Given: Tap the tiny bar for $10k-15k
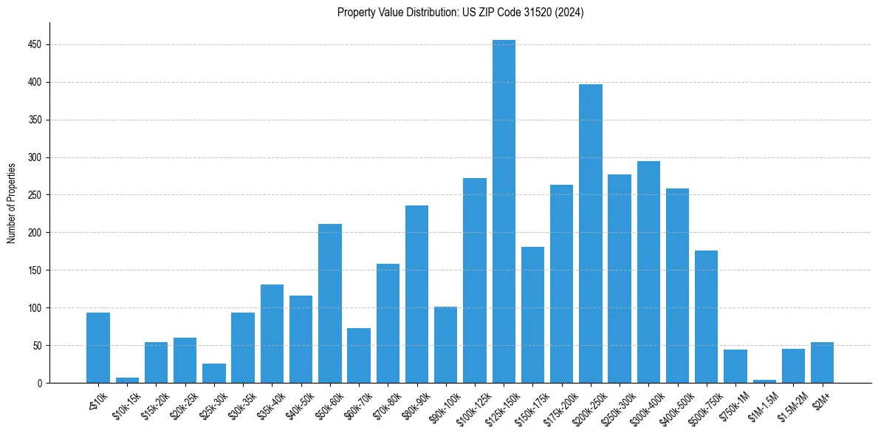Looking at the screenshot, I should [x=127, y=380].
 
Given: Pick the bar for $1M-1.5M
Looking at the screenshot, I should [x=764, y=381].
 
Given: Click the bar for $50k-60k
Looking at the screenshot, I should [x=330, y=303].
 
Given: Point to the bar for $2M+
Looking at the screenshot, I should [x=822, y=362].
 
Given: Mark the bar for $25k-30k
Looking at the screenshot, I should [x=214, y=373].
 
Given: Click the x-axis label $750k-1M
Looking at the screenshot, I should [x=733, y=403].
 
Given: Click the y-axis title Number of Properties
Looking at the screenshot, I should [x=11, y=202].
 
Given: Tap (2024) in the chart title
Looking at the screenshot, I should [x=569, y=13].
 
